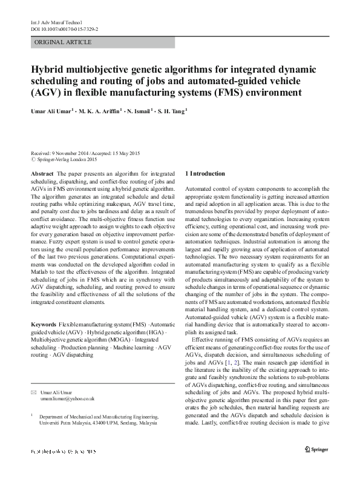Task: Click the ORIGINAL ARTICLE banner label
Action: click(64, 42)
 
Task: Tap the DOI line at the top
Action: click(64, 28)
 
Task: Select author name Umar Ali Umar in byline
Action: click(50, 111)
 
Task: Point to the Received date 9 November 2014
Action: click(60, 154)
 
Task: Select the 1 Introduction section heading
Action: click(204, 174)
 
